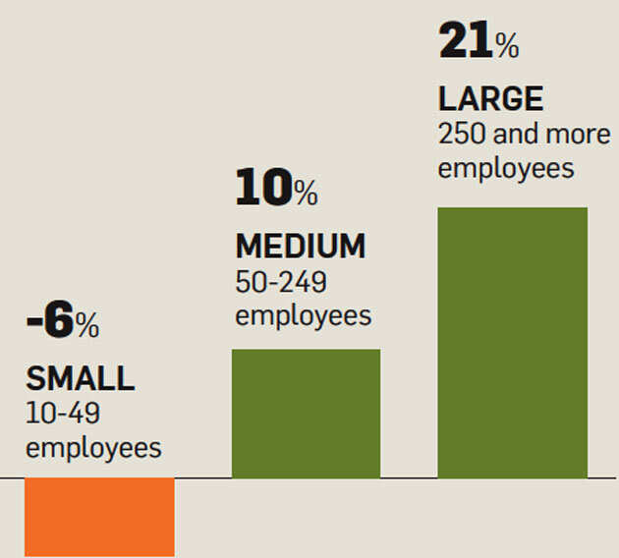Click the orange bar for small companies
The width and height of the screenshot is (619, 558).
pyautogui.click(x=99, y=517)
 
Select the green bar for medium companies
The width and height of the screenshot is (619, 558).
pyautogui.click(x=306, y=414)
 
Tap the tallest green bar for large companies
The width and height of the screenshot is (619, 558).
pyautogui.click(x=512, y=343)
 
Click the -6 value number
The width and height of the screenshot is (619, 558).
pyautogui.click(x=50, y=323)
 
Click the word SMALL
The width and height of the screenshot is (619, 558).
pyautogui.click(x=80, y=378)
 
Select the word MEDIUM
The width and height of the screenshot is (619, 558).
pyautogui.click(x=300, y=246)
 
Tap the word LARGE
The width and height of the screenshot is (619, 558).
pyautogui.click(x=490, y=99)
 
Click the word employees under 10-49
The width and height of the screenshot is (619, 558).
pyautogui.click(x=93, y=448)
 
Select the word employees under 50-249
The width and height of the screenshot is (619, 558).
pyautogui.click(x=304, y=315)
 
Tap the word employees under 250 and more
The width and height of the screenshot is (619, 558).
pyautogui.click(x=506, y=168)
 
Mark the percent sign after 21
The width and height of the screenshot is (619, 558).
pyautogui.click(x=506, y=45)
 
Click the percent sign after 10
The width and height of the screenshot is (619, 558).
pyautogui.click(x=305, y=193)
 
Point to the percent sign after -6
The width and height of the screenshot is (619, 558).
pyautogui.click(x=87, y=327)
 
